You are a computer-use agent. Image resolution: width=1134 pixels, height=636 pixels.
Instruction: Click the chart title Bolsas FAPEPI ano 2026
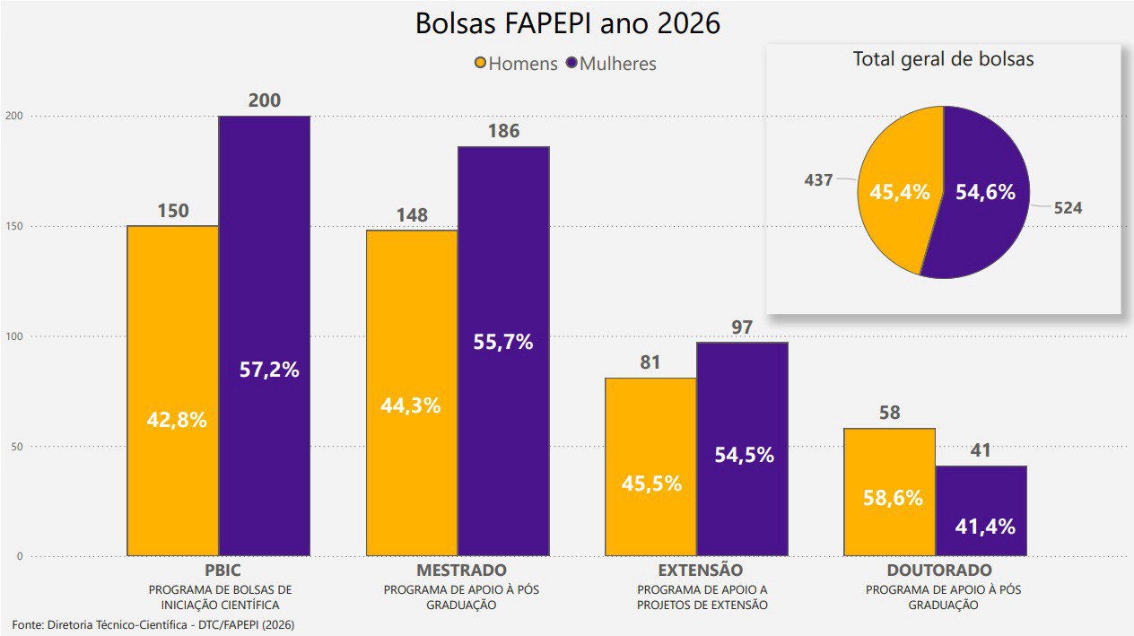coord(567,24)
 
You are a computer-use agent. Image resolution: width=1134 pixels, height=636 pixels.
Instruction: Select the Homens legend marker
coord(481,64)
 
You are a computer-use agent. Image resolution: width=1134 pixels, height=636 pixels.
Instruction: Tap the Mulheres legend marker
coord(572,64)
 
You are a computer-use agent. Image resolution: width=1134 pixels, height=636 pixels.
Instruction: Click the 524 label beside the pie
coord(1068,208)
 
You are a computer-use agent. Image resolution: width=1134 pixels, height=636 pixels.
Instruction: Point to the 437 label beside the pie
coord(818,179)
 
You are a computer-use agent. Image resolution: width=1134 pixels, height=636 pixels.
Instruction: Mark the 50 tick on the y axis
coord(15,447)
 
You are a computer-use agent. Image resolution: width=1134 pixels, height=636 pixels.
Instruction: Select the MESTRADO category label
coord(461,571)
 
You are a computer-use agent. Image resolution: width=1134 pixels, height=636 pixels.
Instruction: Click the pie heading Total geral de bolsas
coord(943,59)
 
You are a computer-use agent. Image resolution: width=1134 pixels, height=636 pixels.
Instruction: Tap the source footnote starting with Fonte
coord(153,623)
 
